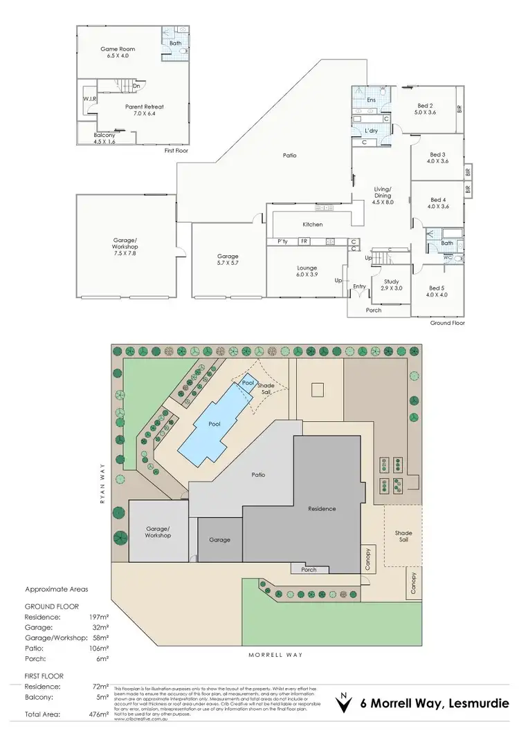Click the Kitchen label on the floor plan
pos(313,224)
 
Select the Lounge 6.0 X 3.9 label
pos(307,271)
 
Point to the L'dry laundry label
pos(371,131)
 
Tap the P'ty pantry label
pos(282,241)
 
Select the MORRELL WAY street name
pos(276,654)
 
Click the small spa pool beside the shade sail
pos(248,382)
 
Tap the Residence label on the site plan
pos(322,509)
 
